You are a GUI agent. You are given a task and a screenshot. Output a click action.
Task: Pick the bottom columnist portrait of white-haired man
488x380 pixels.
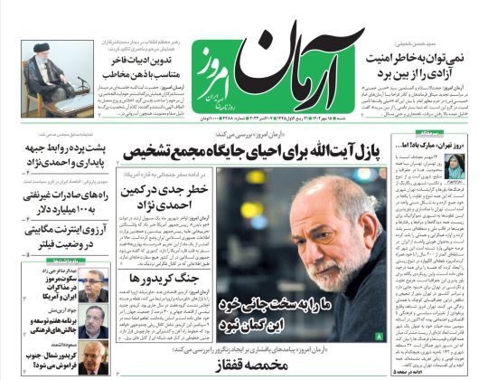pyautogui.click(x=96, y=353)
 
